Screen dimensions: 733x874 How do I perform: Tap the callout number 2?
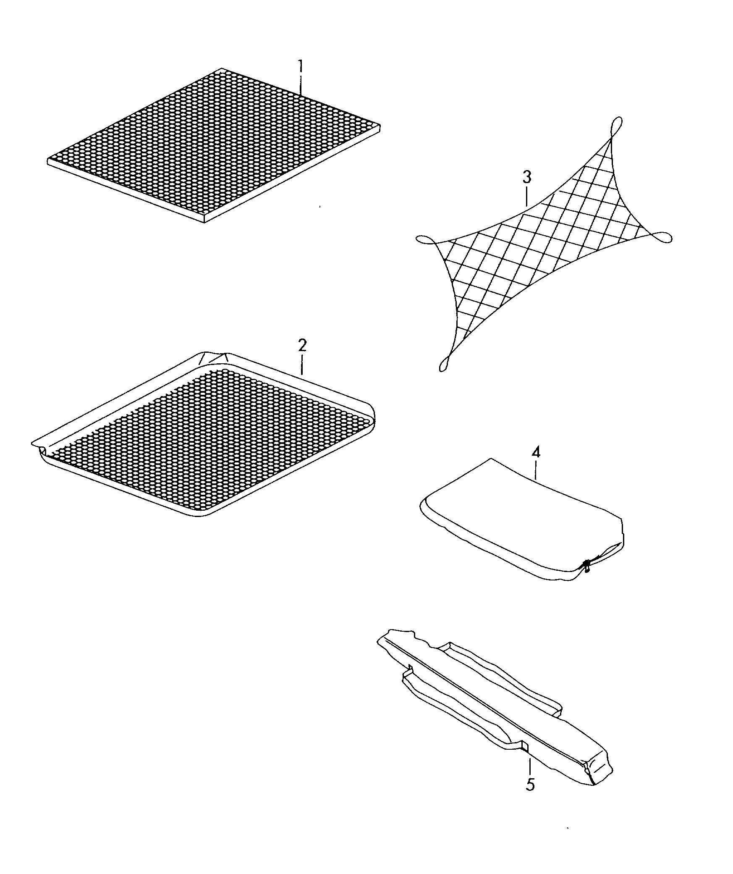click(302, 346)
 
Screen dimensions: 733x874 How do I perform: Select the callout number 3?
click(527, 177)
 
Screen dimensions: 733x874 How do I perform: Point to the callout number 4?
click(536, 453)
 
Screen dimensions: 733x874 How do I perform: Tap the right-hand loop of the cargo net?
click(661, 238)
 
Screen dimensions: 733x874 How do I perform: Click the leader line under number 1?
click(301, 85)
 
